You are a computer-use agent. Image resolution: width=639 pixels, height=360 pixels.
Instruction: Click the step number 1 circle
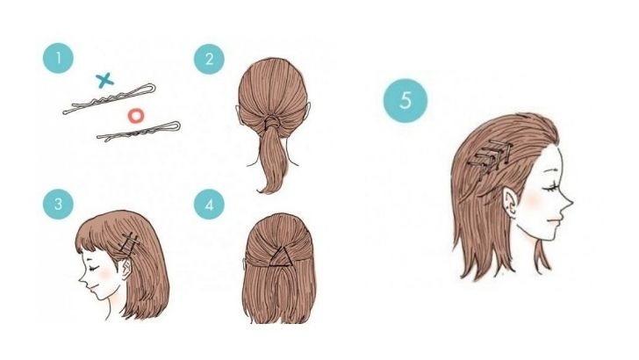coord(58,58)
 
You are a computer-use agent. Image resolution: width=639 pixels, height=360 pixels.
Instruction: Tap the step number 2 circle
coord(209,60)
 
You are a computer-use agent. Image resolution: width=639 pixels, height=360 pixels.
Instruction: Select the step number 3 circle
coord(58,204)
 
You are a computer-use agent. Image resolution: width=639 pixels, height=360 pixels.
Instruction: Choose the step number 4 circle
coord(209,205)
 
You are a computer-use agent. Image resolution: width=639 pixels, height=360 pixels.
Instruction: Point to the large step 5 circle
coord(406,100)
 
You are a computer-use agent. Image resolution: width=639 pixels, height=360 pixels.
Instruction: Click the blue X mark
coord(104,80)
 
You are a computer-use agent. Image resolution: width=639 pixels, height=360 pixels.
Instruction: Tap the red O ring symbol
coord(136,116)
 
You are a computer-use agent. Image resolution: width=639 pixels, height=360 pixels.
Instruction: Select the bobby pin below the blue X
coord(109,98)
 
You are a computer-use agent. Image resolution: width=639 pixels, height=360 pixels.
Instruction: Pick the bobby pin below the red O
coord(139,131)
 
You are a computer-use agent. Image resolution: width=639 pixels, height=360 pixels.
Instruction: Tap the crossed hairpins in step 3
coord(130,242)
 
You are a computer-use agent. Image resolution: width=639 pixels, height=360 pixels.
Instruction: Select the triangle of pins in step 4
coord(280,257)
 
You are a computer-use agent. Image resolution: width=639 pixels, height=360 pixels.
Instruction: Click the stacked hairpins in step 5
coord(490,157)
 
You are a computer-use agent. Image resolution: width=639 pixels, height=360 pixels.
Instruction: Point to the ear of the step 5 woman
coord(510,200)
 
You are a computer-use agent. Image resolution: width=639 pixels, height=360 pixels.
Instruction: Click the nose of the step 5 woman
coord(568,201)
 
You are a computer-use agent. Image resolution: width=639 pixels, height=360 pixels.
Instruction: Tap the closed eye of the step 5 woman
coord(550,189)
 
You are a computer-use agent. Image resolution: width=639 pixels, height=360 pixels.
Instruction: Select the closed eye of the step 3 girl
coord(95,268)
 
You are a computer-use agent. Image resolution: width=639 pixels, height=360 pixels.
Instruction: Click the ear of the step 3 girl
coord(126,269)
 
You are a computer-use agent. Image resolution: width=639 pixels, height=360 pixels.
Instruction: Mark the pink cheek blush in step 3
coord(105,274)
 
